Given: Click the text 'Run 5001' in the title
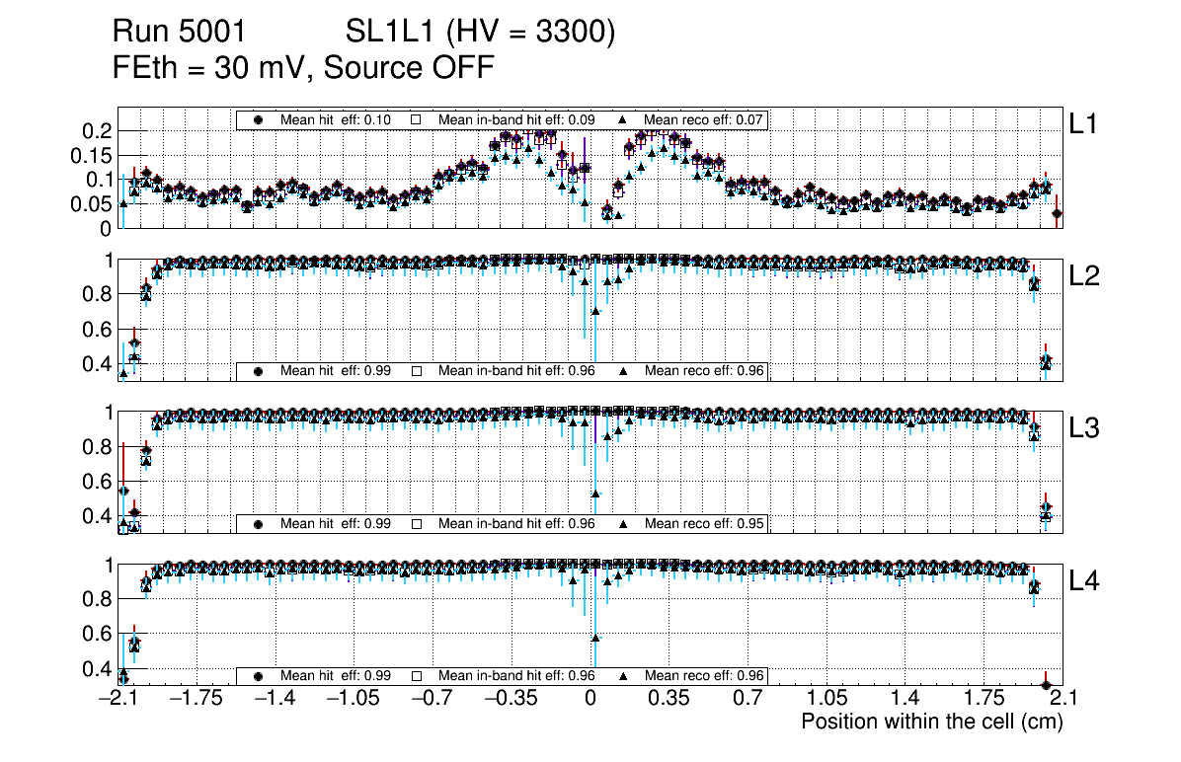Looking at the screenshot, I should click(171, 33).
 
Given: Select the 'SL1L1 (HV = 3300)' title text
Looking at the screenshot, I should click(481, 33).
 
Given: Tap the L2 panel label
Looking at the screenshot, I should click(1085, 276).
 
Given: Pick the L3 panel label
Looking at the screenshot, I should click(1085, 428).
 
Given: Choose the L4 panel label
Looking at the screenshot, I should click(1085, 581).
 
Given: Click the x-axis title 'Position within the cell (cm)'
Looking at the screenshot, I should click(931, 722).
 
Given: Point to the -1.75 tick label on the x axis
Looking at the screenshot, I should click(197, 699).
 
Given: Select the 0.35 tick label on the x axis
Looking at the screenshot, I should click(669, 699).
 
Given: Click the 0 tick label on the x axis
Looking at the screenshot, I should click(590, 699).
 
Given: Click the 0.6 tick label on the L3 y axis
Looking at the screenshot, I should click(103, 481).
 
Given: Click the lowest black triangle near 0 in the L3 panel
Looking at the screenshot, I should click(595, 494).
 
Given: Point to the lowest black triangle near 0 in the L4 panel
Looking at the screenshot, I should click(595, 637).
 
